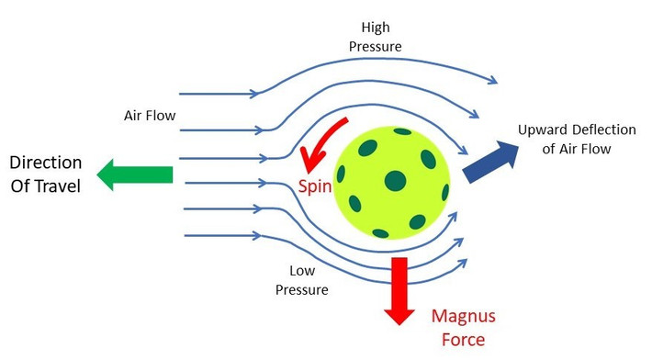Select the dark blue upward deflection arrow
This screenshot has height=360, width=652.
point(488,162)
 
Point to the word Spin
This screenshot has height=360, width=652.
point(314,186)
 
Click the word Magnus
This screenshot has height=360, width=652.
point(463,317)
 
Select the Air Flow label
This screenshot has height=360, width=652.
point(149,117)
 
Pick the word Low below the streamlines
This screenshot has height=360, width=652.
point(302,271)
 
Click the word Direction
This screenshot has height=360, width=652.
point(46,163)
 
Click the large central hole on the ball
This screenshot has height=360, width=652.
point(396,179)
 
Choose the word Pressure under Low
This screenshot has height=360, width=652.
point(303,288)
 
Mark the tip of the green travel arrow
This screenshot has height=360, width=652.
point(98,174)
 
